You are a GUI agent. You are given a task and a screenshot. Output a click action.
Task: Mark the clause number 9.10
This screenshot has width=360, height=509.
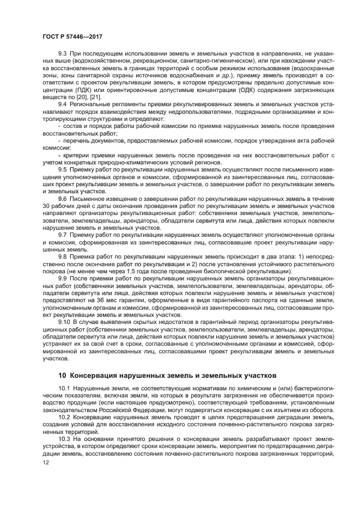point(64,322)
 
